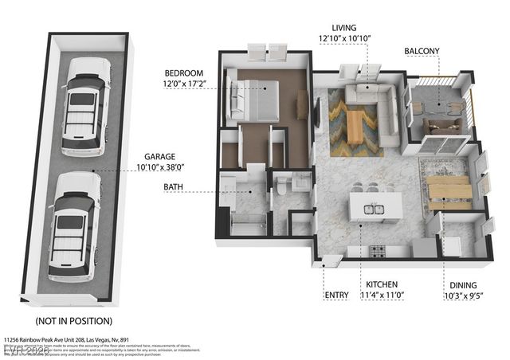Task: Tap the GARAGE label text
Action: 160,157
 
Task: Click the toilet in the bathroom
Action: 282,184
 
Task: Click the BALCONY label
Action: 422,51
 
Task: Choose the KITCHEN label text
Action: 381,284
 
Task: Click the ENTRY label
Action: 336,295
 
